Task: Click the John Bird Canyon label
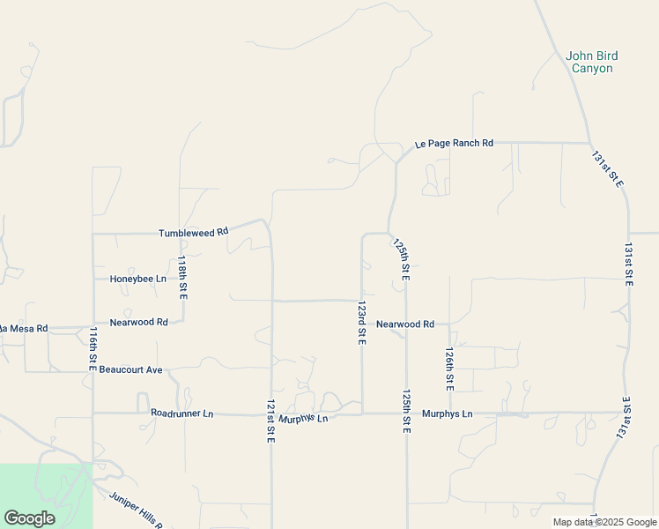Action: [x=591, y=62]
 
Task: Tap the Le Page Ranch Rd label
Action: [x=454, y=143]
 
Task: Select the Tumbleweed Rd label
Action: [x=193, y=233]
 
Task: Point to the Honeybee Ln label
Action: [x=137, y=279]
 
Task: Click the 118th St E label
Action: [x=182, y=278]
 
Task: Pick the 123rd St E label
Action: [x=361, y=323]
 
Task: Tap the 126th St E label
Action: [x=449, y=369]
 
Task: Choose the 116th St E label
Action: [x=93, y=349]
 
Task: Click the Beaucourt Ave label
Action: [x=130, y=369]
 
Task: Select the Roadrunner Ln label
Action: [x=181, y=413]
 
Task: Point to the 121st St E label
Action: [x=270, y=421]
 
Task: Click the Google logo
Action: [x=29, y=518]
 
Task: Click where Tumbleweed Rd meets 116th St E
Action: [x=93, y=234]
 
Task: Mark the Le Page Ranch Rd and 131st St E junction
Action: [x=589, y=143]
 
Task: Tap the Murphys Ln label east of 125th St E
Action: [x=448, y=414]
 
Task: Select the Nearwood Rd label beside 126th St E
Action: [x=405, y=324]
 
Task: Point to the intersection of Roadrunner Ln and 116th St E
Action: [x=93, y=413]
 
